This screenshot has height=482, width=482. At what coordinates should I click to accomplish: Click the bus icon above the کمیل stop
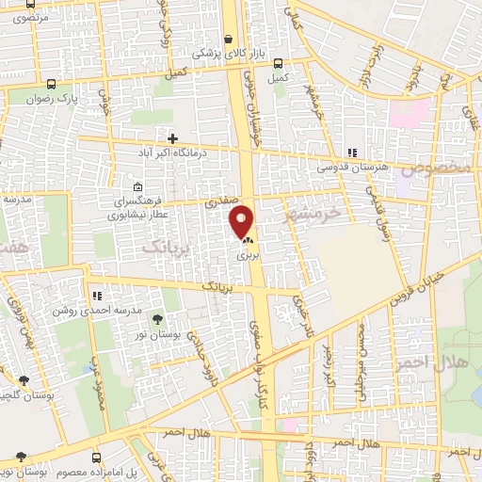pos(277,64)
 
